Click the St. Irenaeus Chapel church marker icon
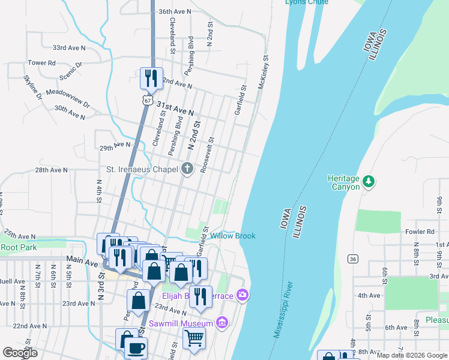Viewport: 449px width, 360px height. [x=187, y=169]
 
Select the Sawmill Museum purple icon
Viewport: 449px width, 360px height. [x=221, y=323]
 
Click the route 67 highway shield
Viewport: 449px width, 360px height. [x=147, y=100]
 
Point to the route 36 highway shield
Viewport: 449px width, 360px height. [x=352, y=258]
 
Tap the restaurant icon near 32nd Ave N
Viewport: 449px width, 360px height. [x=149, y=77]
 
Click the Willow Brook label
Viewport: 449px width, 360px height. [x=232, y=236]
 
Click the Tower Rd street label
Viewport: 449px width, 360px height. [x=41, y=62]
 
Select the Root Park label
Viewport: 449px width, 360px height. [x=19, y=247]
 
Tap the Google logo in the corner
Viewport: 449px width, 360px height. [x=20, y=353]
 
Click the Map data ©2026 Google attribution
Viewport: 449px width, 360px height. [x=411, y=355]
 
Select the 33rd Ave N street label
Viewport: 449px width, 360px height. [x=69, y=47]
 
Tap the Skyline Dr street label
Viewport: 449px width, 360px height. [x=33, y=87]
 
